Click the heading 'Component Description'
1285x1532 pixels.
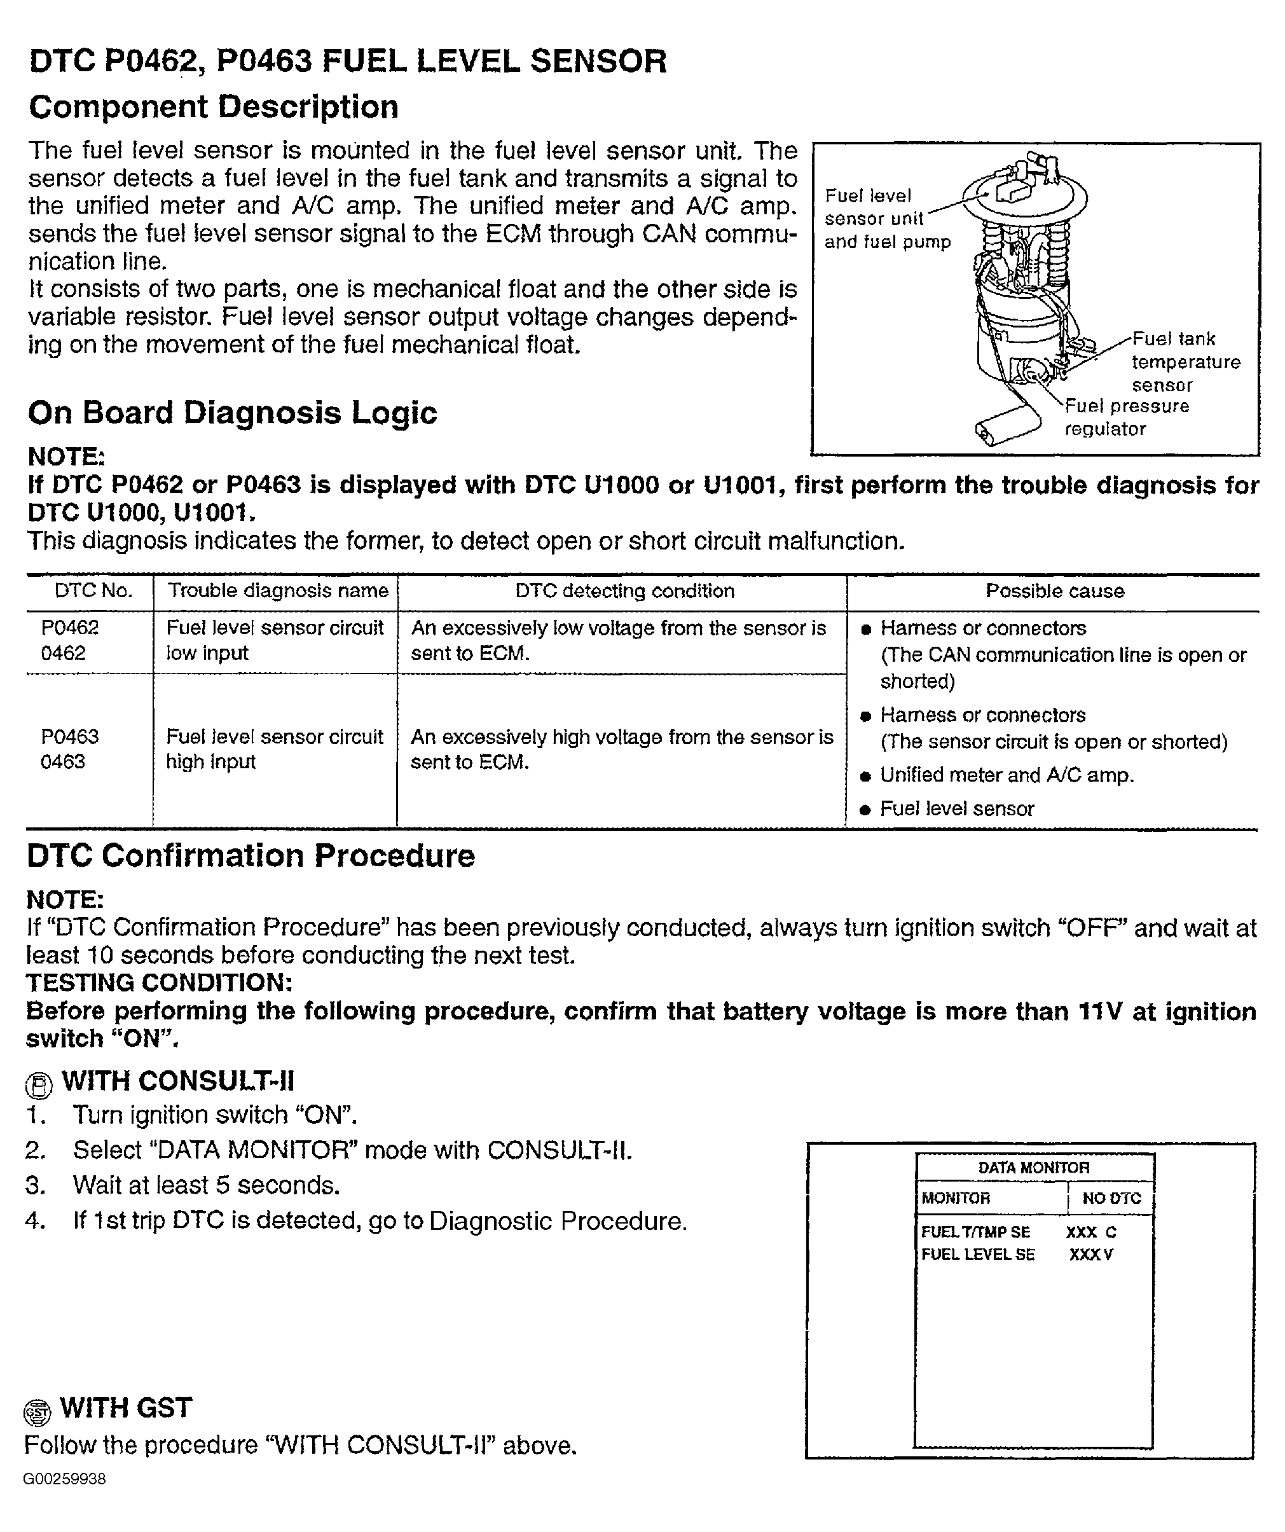coord(214,107)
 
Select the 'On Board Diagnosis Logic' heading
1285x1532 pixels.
coord(232,413)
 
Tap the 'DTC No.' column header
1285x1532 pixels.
coord(93,591)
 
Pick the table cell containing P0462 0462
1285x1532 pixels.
coord(70,640)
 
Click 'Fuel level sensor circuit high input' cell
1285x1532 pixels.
coord(274,749)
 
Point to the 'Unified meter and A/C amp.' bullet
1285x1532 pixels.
coord(1007,775)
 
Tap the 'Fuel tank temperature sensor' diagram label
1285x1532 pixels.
coord(1185,362)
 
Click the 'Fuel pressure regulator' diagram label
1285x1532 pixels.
coord(1126,417)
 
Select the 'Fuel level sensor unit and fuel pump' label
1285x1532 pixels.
coord(886,219)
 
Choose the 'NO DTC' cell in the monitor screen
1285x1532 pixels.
coord(1111,1198)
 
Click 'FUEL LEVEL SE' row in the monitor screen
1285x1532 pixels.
coord(977,1255)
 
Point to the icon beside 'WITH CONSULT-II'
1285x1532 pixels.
coord(39,1086)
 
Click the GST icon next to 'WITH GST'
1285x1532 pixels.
coord(37,1412)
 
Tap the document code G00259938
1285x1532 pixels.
coord(65,1479)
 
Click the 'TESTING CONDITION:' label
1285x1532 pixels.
coord(159,983)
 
